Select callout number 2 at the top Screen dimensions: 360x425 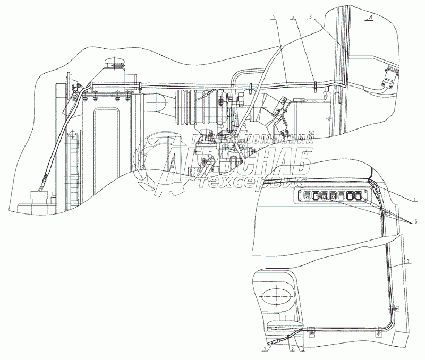[x=293, y=18]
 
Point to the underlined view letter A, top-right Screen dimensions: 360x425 [x=370, y=18]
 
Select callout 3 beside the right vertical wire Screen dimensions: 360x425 [x=407, y=261]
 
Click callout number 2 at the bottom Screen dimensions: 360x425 [x=291, y=349]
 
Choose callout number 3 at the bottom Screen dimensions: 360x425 [x=303, y=349]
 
